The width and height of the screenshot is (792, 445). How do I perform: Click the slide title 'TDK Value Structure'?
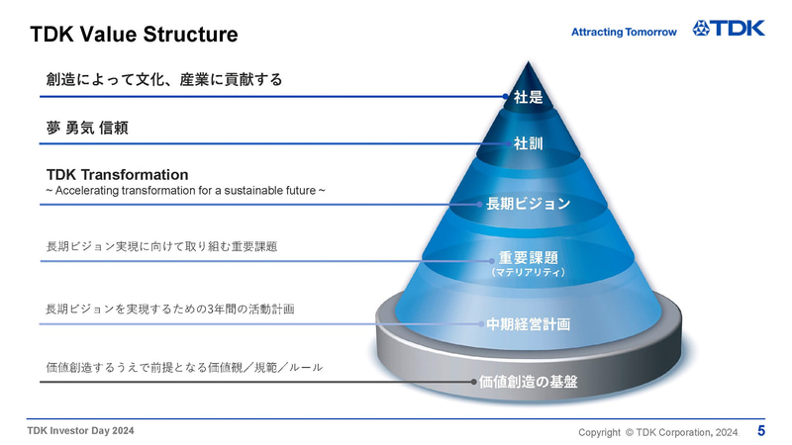tap(134, 35)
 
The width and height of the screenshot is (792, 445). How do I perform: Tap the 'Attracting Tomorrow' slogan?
tap(624, 32)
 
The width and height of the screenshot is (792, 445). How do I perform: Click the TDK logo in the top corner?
tap(729, 29)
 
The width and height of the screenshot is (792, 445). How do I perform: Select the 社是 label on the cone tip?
tap(529, 97)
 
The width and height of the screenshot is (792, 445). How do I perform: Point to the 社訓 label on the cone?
tap(529, 143)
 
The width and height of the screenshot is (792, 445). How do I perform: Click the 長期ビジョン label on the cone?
tap(528, 204)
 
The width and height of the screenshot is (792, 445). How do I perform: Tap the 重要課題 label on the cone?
tap(529, 258)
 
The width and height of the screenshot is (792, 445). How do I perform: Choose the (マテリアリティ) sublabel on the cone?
tap(529, 273)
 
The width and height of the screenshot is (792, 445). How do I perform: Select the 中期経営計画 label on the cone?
tap(528, 324)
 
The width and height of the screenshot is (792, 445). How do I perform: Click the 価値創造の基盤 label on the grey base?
tap(529, 382)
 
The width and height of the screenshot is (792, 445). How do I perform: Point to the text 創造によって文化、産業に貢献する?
tap(164, 80)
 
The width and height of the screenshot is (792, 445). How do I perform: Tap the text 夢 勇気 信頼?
tap(87, 128)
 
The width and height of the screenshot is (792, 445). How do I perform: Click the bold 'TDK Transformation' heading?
tap(117, 175)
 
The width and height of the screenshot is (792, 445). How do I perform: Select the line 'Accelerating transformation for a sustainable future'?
tap(185, 191)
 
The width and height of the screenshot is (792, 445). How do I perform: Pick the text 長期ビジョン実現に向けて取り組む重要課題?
tap(161, 246)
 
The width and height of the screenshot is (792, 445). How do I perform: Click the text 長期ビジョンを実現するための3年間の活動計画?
tap(170, 309)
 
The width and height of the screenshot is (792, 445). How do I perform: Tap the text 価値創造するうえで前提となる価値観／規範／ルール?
tap(184, 367)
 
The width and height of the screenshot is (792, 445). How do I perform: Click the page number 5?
tap(761, 431)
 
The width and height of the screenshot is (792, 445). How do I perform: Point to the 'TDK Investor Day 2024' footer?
tap(81, 431)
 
